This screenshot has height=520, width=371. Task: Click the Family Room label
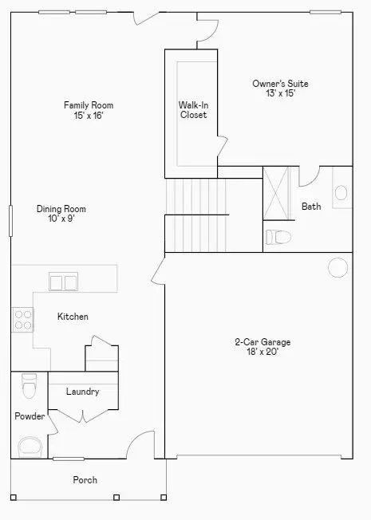(x=89, y=110)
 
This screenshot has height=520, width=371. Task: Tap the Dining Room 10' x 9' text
(x=61, y=214)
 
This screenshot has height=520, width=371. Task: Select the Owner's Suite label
(x=280, y=88)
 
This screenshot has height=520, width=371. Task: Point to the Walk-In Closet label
(x=192, y=109)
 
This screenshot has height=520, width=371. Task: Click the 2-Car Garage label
(x=262, y=347)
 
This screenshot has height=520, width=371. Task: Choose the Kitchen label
(x=73, y=317)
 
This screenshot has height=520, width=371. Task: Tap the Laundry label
(x=82, y=392)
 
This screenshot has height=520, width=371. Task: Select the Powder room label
(x=30, y=416)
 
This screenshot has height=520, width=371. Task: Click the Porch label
(x=85, y=480)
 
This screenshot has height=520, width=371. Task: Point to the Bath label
(x=311, y=207)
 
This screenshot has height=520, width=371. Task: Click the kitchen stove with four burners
(x=22, y=320)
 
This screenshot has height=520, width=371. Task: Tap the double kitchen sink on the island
(x=63, y=282)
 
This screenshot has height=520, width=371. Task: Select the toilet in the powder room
(x=30, y=386)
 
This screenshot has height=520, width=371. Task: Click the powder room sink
(x=30, y=447)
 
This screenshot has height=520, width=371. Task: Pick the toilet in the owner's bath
(x=278, y=237)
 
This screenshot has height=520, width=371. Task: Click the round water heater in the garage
(x=338, y=267)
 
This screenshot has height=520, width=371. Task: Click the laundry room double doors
(x=83, y=415)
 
